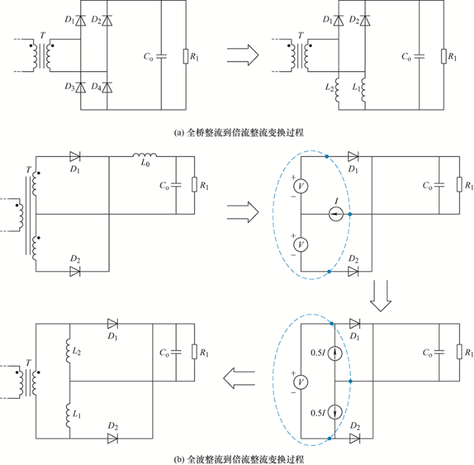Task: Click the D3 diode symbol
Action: point(81,87)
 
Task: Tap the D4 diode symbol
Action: point(107,87)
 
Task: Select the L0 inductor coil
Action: point(145,155)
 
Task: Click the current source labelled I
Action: point(336,214)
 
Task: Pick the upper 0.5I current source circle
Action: point(335,353)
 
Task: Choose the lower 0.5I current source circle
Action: point(335,412)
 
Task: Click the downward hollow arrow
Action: point(381,296)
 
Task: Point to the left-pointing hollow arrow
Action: point(240,378)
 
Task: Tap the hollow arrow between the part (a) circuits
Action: point(242,55)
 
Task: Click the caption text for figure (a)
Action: point(239,133)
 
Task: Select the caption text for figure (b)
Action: point(239,460)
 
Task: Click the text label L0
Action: point(145,163)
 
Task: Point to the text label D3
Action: point(70,87)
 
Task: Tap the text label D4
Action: point(96,87)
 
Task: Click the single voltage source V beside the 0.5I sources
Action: point(301,382)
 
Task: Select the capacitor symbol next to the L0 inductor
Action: point(176,185)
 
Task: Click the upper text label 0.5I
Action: point(318,353)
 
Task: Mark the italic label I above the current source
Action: point(337,201)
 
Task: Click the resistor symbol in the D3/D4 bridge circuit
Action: point(186,56)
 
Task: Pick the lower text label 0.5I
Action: point(318,412)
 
